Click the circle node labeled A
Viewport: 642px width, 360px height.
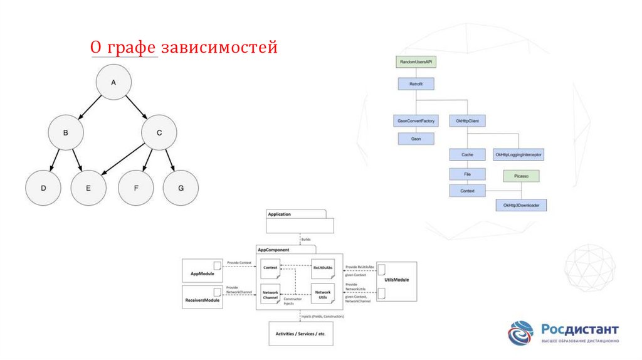point(113,82)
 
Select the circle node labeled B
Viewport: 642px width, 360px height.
point(65,132)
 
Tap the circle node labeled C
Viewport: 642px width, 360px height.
point(159,132)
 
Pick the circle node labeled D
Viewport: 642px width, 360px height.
point(43,188)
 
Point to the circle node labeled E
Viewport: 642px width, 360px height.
point(88,188)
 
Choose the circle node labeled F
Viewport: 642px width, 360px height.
point(137,188)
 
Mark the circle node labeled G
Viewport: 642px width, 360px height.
point(181,188)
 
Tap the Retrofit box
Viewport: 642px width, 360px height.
point(416,83)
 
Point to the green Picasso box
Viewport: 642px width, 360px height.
point(521,177)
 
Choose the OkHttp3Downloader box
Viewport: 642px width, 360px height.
point(521,205)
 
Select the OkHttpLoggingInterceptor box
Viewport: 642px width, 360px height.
point(518,154)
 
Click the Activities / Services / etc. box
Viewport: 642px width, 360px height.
point(300,334)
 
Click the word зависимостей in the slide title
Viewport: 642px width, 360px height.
point(219,47)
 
